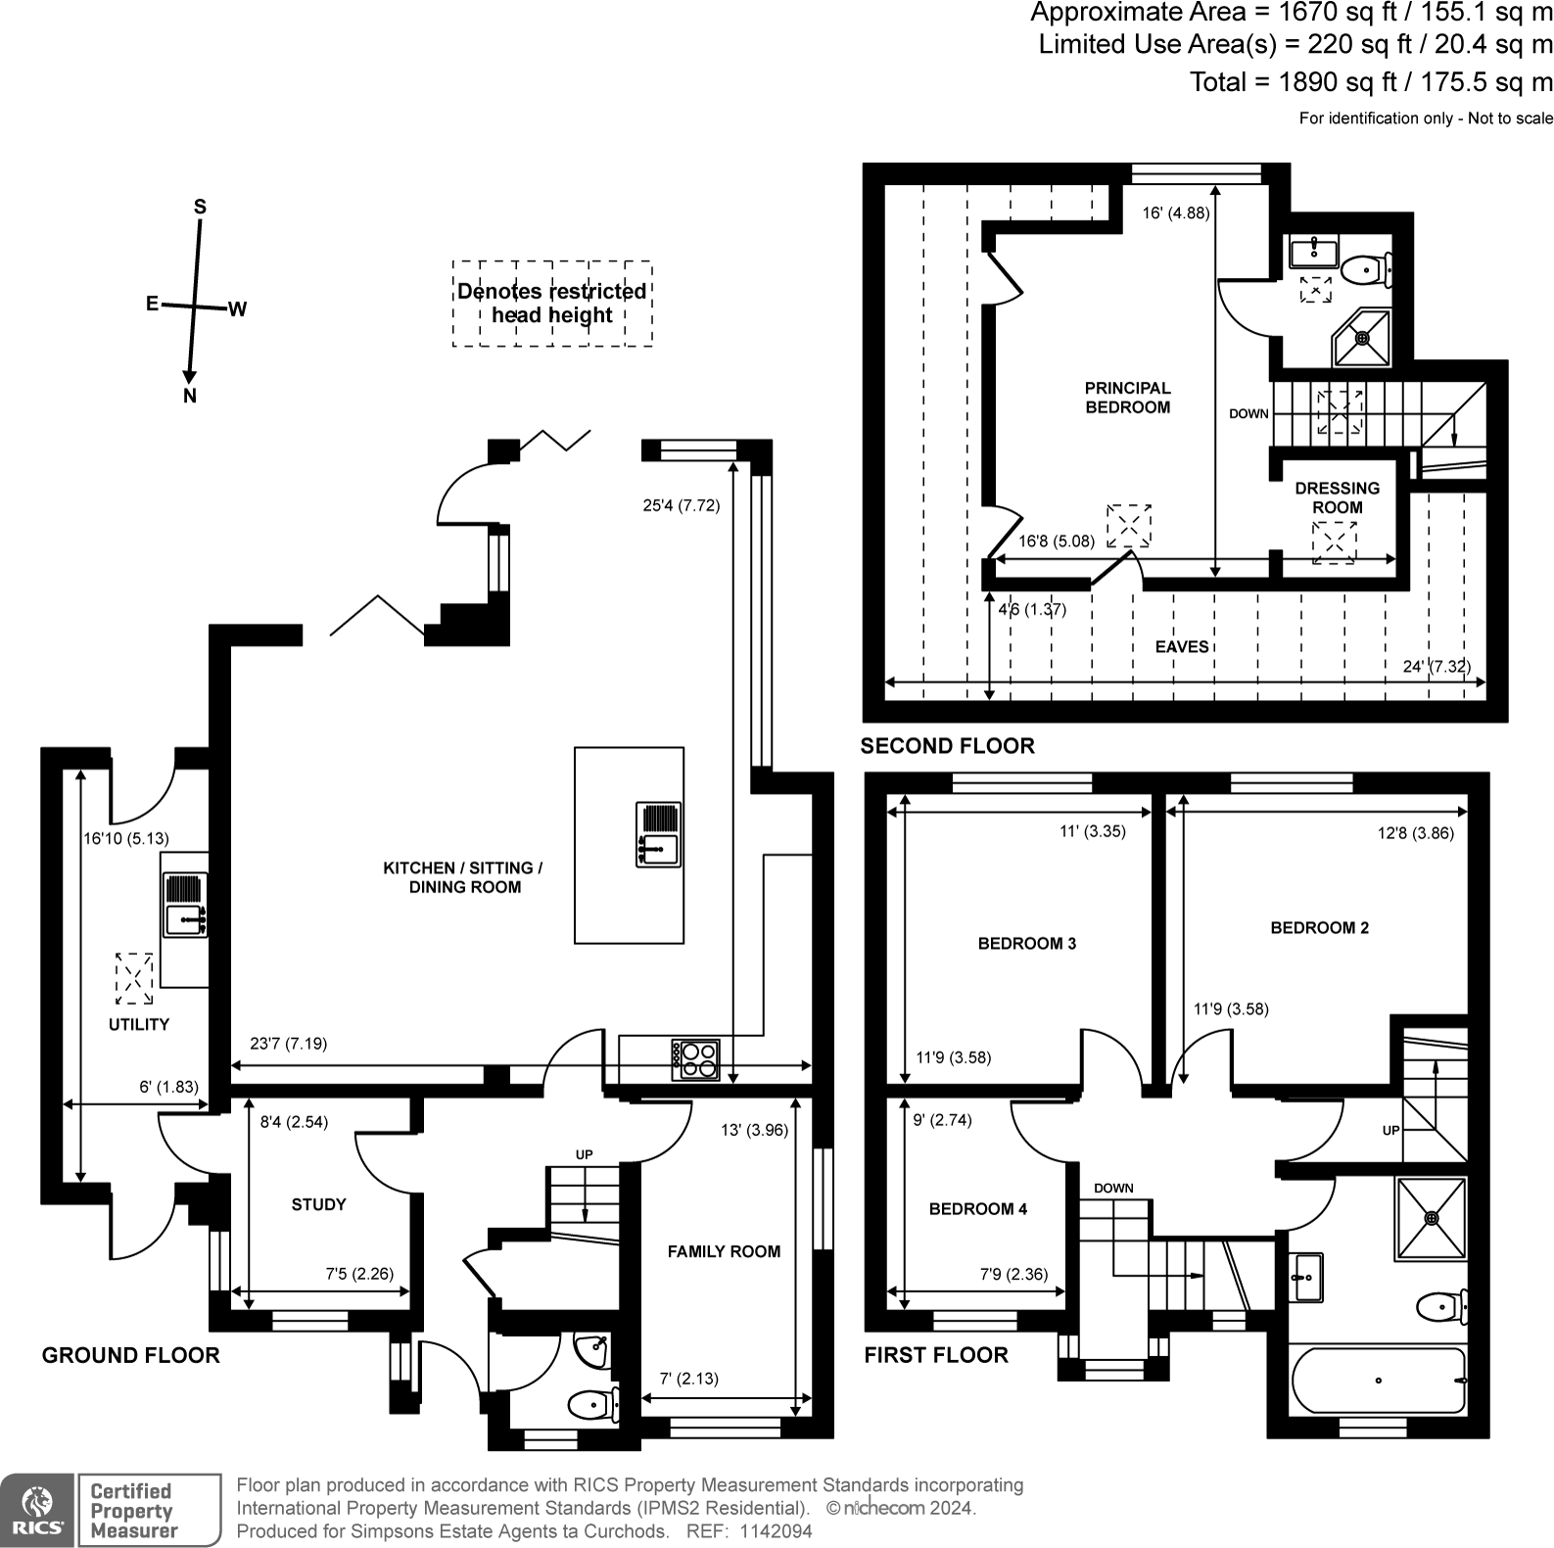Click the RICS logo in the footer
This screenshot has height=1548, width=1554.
point(37,1510)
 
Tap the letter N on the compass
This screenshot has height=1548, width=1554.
point(190,397)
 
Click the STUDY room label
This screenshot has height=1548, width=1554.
point(318,1204)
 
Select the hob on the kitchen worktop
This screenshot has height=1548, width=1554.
point(695,1059)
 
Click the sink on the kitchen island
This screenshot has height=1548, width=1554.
point(658,834)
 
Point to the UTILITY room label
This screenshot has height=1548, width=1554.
point(139,1024)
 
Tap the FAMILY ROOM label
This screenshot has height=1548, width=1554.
point(724,1251)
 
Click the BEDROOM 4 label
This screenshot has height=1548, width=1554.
point(977,1209)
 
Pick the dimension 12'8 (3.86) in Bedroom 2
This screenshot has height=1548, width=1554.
point(1415,833)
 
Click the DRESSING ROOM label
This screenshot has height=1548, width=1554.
point(1337,497)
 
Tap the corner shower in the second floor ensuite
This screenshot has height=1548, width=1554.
point(1362,337)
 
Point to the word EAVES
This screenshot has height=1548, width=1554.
point(1181,646)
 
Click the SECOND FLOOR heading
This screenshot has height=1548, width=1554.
point(947,746)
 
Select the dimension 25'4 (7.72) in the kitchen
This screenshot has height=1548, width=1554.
point(681,506)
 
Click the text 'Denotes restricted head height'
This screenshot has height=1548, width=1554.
point(552,304)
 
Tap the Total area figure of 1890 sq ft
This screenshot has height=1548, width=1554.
point(1371,82)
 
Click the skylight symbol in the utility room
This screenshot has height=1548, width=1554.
point(134,978)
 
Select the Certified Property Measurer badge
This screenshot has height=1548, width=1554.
point(150,1510)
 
